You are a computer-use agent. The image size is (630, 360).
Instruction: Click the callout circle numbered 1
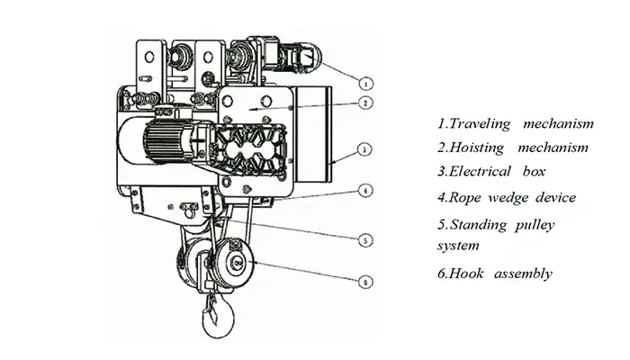coord(367,83)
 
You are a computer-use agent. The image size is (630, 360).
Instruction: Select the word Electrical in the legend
coord(479,172)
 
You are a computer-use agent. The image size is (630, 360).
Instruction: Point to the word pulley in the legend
coord(535,224)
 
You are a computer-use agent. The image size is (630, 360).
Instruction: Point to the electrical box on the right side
coord(315,135)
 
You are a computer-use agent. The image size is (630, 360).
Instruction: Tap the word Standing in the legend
coord(481,224)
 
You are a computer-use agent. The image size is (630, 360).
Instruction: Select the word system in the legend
coord(456,245)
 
